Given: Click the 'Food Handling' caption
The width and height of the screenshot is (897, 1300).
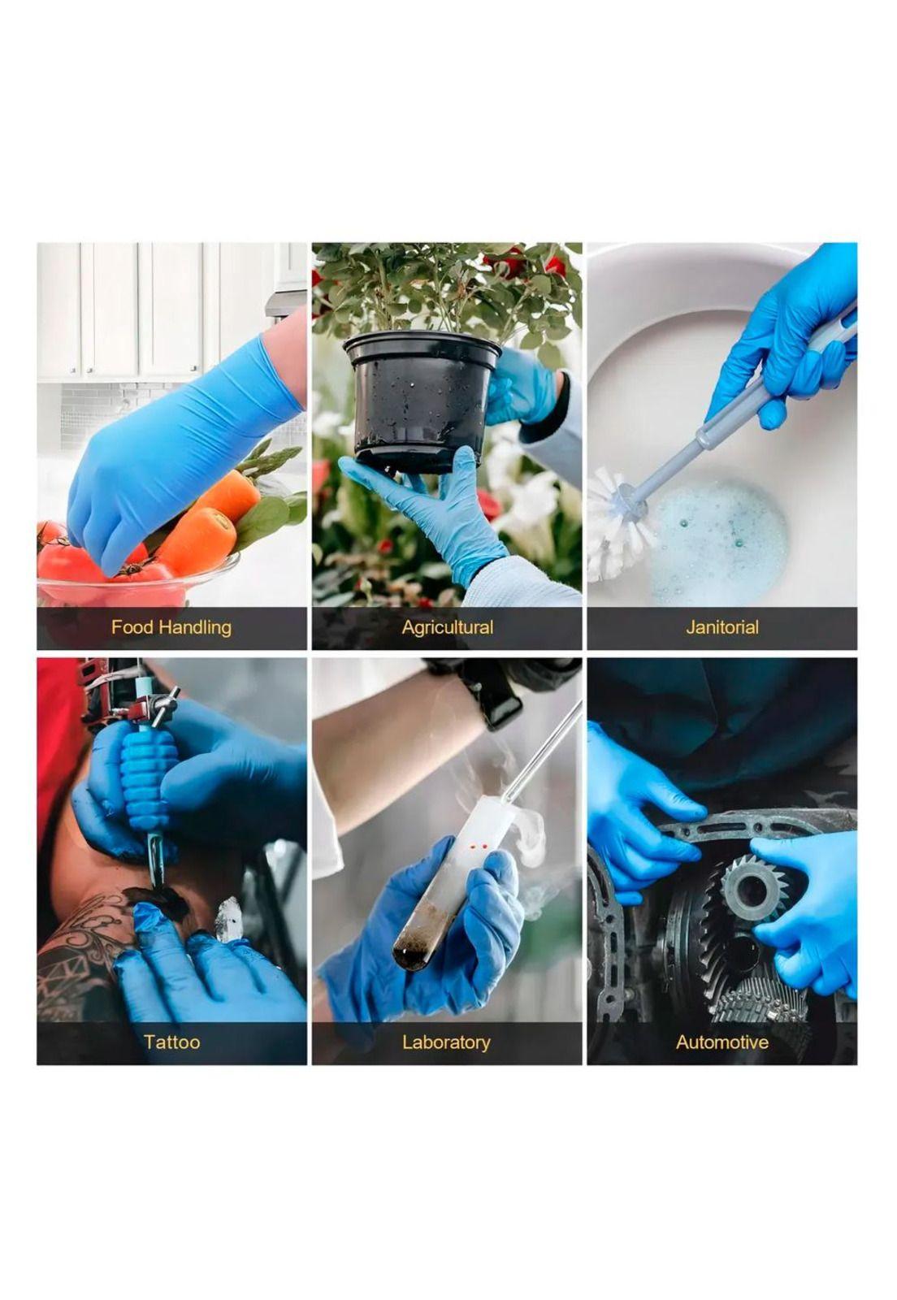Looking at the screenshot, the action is coord(171,627).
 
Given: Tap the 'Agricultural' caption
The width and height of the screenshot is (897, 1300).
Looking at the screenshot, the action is coord(448,627).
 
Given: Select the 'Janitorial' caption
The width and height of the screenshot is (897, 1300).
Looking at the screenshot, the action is coord(721,626).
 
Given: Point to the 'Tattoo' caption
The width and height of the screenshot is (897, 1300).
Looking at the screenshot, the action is coord(171,1042).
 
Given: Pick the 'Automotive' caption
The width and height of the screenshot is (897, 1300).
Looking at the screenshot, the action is coord(721,1042).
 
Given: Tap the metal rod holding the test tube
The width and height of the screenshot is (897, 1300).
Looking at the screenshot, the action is coord(547,748).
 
